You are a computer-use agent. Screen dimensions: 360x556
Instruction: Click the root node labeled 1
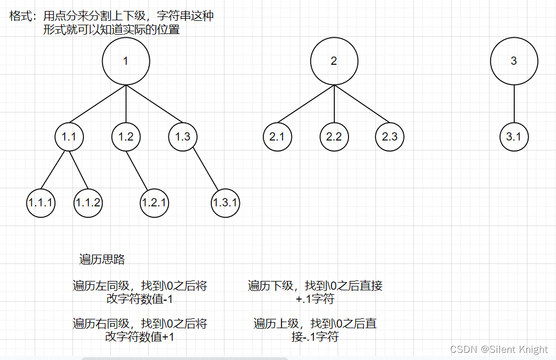[x=126, y=61]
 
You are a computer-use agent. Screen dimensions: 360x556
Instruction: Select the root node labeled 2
[x=334, y=61]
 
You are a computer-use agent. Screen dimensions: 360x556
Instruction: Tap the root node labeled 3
[x=514, y=61]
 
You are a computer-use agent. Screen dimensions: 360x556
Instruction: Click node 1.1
[x=69, y=137]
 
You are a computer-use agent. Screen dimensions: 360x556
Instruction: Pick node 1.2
[x=126, y=137]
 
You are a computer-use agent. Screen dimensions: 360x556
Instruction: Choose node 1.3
[x=183, y=137]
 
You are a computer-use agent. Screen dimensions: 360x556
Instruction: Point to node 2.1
[x=277, y=137]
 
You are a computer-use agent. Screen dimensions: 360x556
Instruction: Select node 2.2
[x=334, y=137]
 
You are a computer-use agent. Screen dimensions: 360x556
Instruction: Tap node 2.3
[x=390, y=137]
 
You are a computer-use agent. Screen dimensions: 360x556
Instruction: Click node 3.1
[x=514, y=137]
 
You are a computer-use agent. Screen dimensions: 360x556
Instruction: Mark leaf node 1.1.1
[x=41, y=203]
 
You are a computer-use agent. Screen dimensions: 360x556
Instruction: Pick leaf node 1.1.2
[x=88, y=203]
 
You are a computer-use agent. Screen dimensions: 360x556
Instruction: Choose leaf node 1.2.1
[x=154, y=203]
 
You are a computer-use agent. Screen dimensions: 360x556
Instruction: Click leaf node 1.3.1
[x=226, y=203]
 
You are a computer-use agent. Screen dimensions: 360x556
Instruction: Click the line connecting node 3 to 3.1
[x=514, y=104]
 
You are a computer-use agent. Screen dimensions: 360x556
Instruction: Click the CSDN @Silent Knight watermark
[x=498, y=349]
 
